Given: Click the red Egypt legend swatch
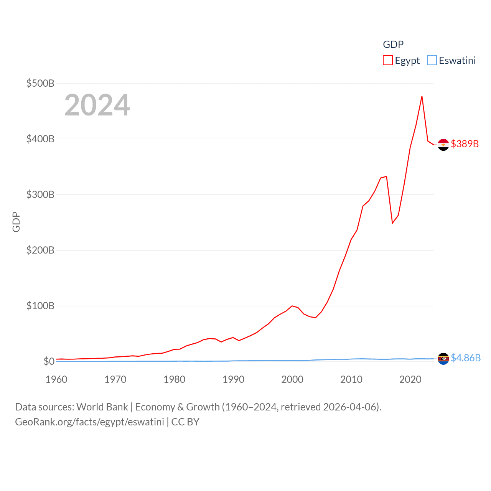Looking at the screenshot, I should coord(387,61).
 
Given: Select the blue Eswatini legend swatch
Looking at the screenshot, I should coord(432,61).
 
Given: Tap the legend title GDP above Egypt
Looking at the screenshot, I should coord(393,44).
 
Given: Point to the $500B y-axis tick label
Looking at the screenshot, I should coord(40,83).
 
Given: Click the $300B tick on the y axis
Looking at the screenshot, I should coord(40,194).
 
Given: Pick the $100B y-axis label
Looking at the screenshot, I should coord(40,306).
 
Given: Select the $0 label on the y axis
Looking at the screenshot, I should coord(49,361).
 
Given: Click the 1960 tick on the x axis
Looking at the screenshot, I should coord(56,379).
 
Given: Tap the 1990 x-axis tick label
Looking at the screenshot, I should coord(233,379).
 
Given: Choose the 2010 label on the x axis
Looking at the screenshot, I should coord(351,379).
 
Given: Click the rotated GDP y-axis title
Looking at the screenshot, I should coord(16,222).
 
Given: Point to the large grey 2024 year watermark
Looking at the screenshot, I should coord(97,105).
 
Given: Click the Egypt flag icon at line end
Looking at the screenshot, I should coord(443,145).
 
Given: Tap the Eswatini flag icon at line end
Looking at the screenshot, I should coord(443,359).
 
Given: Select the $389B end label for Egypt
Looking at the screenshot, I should coord(465,144).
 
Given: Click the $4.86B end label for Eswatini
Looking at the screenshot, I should coord(466,358).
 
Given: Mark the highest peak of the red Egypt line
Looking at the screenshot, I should coord(422,96).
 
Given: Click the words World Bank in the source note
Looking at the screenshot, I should coord(102,407).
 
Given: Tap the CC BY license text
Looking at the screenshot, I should coord(185,422).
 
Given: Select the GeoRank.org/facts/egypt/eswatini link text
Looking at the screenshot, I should coord(89,422).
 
